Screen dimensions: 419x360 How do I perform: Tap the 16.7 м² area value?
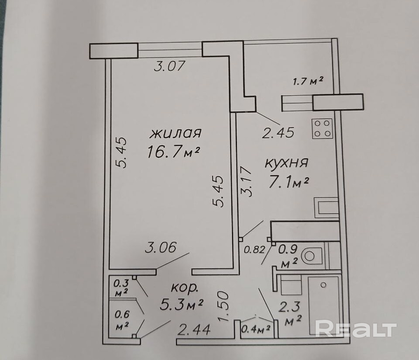(174, 152)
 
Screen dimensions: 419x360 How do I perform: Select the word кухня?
(287, 163)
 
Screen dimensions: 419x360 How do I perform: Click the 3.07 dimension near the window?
(171, 67)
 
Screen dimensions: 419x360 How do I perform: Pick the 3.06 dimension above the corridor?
(161, 248)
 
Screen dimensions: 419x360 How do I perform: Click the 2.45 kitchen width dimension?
(278, 132)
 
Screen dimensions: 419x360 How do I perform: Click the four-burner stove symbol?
(323, 128)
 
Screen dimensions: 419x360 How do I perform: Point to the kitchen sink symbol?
(327, 207)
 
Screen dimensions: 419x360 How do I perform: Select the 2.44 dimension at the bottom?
(194, 329)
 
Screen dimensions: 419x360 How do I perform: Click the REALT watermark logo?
(356, 329)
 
